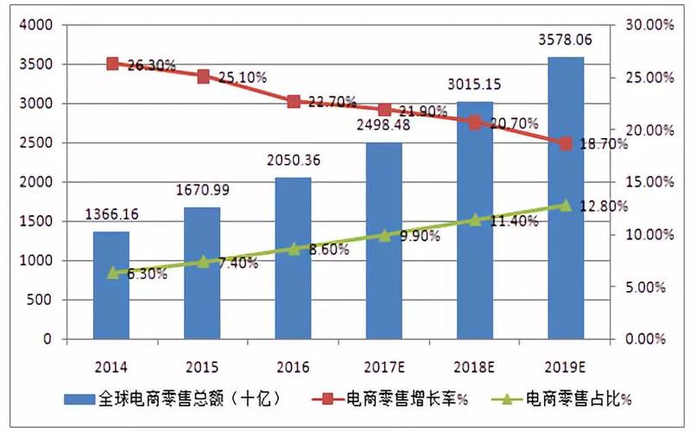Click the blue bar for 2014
[111, 285]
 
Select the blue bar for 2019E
[565, 199]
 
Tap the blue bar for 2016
[293, 259]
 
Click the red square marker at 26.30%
[112, 64]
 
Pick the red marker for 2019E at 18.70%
[566, 143]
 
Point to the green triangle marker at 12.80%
[566, 205]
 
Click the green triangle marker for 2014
[112, 273]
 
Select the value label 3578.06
[565, 40]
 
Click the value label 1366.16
[111, 213]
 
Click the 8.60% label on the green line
[328, 250]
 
